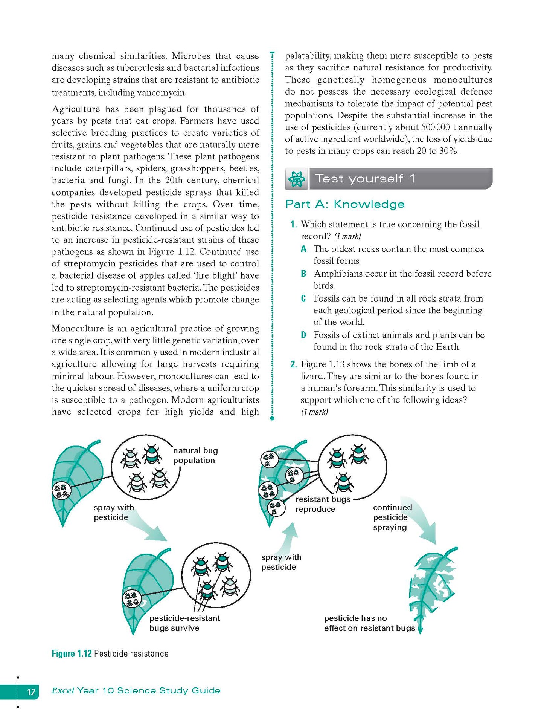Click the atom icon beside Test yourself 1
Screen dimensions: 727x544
coord(297,179)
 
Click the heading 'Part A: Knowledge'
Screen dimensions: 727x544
coord(344,204)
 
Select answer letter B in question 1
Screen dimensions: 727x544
coord(303,274)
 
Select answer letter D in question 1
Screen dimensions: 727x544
coord(303,335)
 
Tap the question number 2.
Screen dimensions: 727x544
coord(294,364)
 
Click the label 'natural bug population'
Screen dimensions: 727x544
coord(195,455)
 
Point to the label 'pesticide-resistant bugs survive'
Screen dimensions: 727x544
coord(184,623)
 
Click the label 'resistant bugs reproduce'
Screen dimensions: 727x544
coord(322,504)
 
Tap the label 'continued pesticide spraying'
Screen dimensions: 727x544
coord(392,517)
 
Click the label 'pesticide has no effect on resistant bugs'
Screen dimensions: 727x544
coord(369,623)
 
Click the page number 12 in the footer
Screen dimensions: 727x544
coord(31,692)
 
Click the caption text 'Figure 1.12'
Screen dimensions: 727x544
coord(72,654)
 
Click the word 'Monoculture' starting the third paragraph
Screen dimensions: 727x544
coord(73,329)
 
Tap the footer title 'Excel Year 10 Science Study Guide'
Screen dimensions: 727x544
coord(136,691)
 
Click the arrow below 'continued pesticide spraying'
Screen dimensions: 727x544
coord(425,522)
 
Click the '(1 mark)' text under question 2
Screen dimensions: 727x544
coord(314,412)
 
